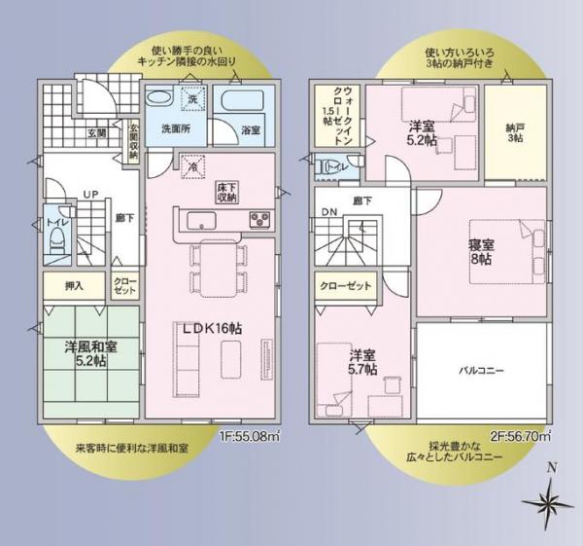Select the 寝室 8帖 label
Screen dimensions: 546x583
tap(481, 252)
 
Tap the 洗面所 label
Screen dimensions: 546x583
tap(176, 128)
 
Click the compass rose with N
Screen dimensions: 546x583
tap(550, 501)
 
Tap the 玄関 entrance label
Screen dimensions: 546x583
tap(97, 132)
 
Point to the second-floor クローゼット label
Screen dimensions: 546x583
tap(345, 286)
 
